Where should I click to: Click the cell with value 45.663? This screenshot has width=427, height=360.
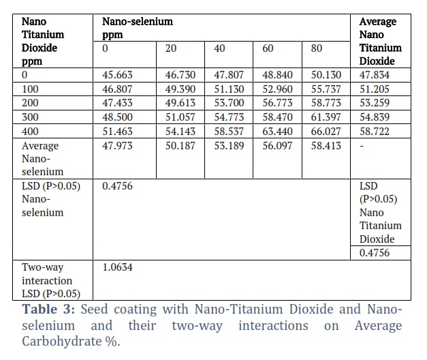tap(117, 75)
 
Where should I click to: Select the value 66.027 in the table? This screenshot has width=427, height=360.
tap(326, 132)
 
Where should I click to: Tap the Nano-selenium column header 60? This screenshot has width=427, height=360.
tap(268, 48)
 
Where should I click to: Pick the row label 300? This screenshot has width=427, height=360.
tap(30, 117)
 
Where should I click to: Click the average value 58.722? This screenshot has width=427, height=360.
tap(375, 132)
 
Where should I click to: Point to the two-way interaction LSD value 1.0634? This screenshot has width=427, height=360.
tap(117, 267)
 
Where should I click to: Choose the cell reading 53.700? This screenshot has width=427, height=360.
tap(229, 103)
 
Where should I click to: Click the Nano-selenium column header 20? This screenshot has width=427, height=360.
tap(171, 48)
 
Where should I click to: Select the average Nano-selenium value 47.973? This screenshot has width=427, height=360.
tap(117, 146)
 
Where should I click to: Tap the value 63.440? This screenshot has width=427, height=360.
tap(277, 132)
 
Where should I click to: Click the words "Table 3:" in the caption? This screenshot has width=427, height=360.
tap(48, 310)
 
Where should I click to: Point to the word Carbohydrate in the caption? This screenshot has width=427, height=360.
tap(62, 342)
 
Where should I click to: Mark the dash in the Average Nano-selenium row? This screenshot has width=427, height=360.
tap(362, 146)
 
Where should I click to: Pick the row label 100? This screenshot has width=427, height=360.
tap(30, 89)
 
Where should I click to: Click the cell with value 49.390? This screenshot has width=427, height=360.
tap(180, 89)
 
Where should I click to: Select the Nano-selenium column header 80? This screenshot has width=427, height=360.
tap(317, 48)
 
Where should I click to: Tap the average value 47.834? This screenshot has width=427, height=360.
tap(375, 75)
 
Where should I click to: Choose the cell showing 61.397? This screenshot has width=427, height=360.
tap(326, 117)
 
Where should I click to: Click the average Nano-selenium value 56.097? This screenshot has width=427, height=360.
tap(277, 146)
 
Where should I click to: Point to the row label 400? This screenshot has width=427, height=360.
tap(30, 132)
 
